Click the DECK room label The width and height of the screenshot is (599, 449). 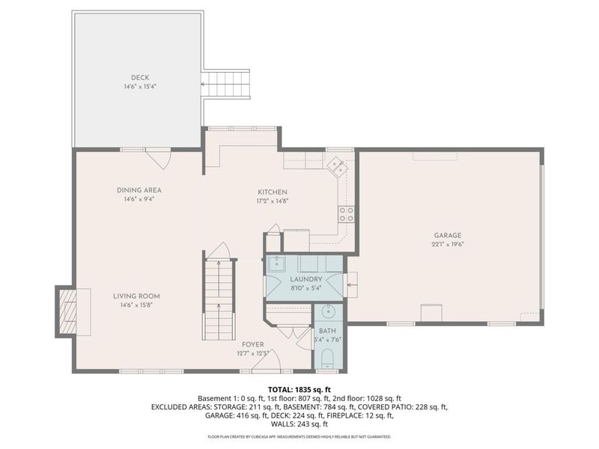coord(140,78)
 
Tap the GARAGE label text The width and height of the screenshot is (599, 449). coord(447,236)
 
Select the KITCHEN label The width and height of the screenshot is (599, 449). coord(273,192)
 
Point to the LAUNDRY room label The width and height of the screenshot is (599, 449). coord(306,279)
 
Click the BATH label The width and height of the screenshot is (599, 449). coord(327,331)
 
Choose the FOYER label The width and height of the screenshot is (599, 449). coord(253,345)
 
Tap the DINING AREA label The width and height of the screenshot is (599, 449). coord(139,190)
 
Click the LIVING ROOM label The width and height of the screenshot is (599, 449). coord(136,296)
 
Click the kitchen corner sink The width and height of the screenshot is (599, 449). coord(337,167)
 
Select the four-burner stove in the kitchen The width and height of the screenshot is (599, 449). coord(346,214)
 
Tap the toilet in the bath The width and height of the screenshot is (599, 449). coord(328,359)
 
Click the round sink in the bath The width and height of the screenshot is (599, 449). coord(328,312)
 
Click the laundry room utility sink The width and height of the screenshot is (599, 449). coord(276,263)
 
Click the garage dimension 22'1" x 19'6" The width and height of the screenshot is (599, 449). coord(447,245)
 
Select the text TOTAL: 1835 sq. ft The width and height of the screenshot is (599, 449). coord(299,390)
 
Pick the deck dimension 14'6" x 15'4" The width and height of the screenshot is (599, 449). coord(140,87)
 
